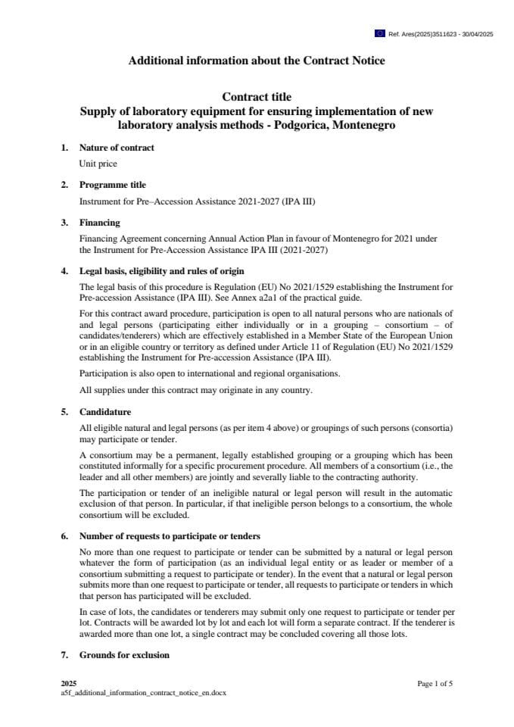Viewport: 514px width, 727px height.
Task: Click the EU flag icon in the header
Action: point(379,33)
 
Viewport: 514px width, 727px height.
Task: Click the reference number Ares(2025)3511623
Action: point(422,34)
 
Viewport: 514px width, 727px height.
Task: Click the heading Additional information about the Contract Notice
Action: point(257,61)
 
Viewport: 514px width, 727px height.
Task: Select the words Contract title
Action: point(257,97)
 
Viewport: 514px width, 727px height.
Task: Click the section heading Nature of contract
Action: point(117,148)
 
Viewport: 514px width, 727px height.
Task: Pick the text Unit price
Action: point(98,163)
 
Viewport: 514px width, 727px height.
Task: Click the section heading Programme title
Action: point(113,185)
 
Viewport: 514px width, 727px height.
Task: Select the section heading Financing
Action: point(100,223)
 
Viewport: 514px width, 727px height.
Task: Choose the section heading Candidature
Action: point(105,412)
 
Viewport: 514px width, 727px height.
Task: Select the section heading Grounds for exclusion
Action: point(124,654)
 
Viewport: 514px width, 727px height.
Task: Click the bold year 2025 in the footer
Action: point(69,684)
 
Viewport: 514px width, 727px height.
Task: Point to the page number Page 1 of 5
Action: point(435,684)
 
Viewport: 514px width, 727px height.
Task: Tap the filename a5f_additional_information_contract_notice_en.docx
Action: point(144,693)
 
